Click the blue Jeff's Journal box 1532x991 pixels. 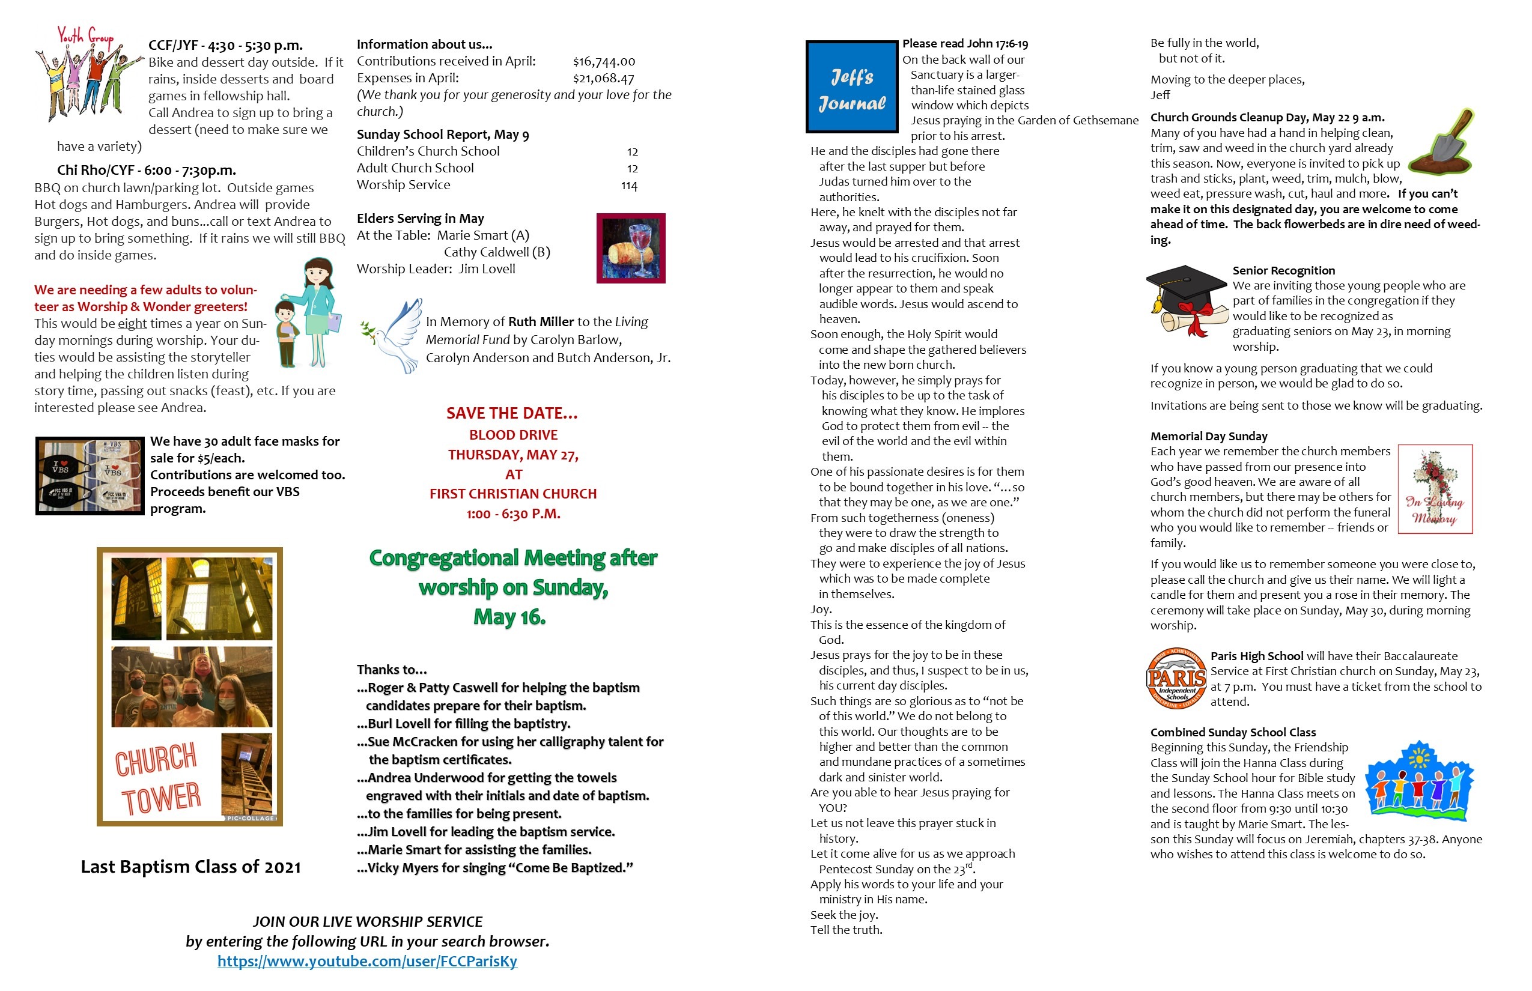point(852,87)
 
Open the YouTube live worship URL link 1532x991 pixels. point(367,961)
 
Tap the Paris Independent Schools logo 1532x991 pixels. point(1177,678)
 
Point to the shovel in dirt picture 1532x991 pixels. point(1442,143)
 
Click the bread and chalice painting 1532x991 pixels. point(631,249)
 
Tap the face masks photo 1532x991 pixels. point(90,476)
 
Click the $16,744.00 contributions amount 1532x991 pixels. point(604,62)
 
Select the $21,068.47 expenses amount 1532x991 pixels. point(604,79)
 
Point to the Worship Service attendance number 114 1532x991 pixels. point(629,186)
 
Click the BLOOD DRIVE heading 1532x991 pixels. point(513,435)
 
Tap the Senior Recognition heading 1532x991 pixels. point(1283,270)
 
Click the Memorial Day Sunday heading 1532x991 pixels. point(1208,436)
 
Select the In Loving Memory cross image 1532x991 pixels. point(1435,489)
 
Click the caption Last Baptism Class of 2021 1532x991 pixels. point(190,867)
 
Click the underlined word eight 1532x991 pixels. point(132,324)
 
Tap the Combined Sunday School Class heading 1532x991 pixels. point(1233,732)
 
